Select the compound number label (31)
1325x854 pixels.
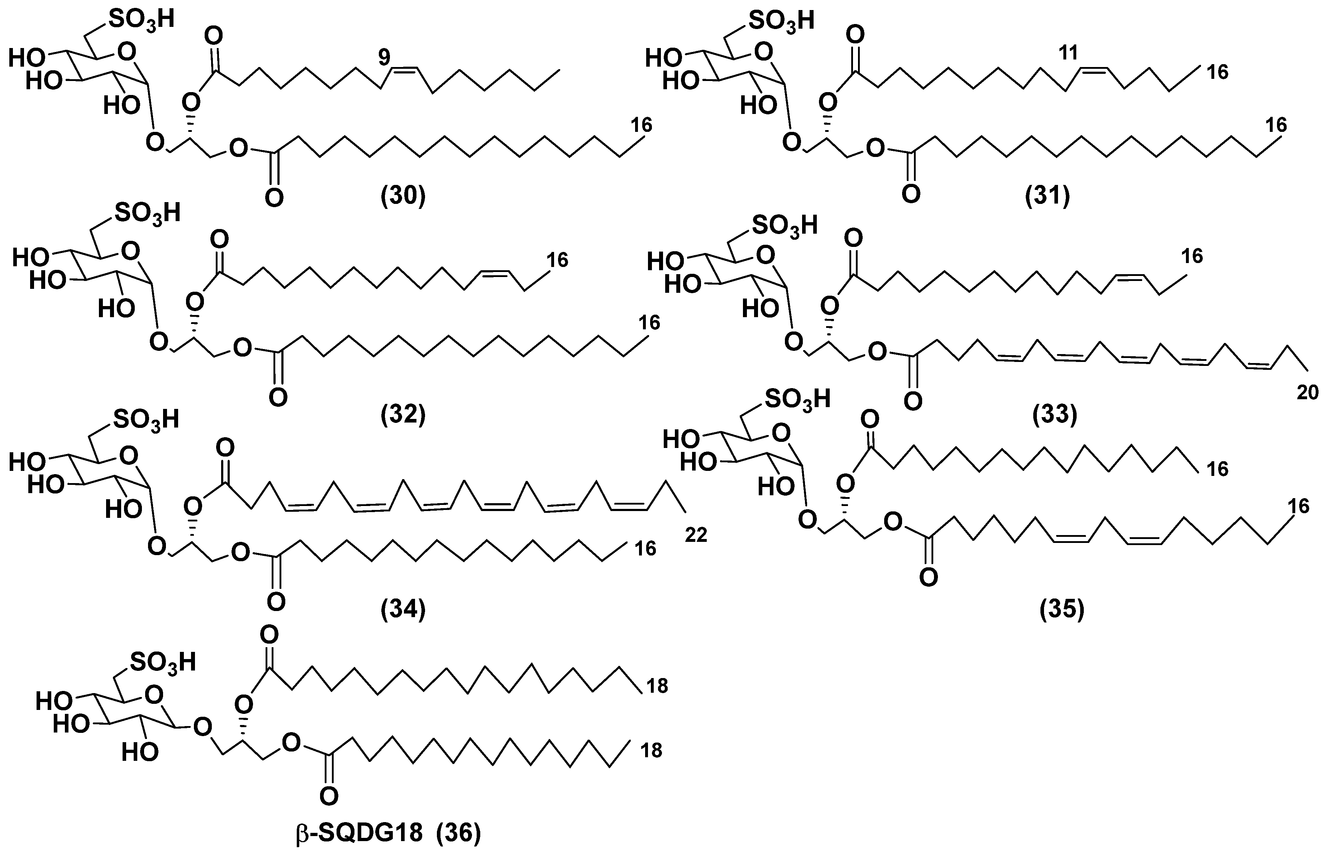(1048, 197)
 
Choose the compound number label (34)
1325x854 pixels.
(403, 610)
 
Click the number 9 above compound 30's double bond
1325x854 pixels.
(384, 57)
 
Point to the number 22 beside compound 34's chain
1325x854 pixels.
(696, 535)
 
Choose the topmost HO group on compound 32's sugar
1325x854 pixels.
(29, 257)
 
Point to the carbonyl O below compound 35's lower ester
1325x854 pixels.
(929, 578)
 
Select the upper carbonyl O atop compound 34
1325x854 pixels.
(225, 448)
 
